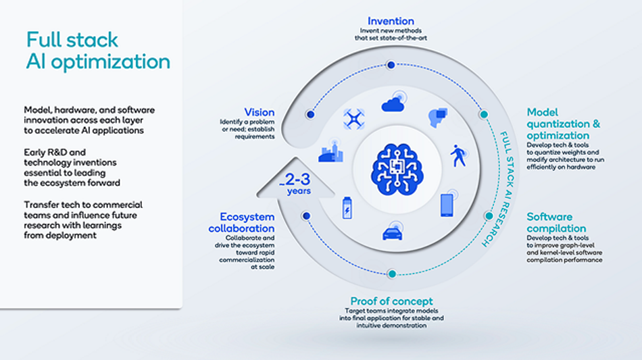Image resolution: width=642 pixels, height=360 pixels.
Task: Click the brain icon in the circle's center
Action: pos(397,169)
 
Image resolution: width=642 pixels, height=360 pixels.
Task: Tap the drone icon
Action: pos(353,119)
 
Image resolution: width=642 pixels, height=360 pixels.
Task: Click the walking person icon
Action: pos(459,155)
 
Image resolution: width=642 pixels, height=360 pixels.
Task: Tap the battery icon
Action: pos(347,208)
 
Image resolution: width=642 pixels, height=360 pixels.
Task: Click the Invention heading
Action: pos(391,21)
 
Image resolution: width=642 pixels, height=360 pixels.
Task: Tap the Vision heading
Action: pos(260,112)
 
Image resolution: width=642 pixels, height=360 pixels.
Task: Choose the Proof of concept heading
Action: pos(391,301)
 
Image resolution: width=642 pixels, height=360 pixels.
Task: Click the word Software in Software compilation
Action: pos(549,216)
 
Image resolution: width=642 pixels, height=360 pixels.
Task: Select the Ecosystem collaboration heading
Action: pos(241,222)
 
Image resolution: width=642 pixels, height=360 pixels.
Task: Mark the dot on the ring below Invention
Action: pos(391,65)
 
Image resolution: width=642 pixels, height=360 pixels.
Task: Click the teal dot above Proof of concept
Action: pos(392,274)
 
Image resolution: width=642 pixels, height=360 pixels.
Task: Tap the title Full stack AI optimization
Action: pos(98,51)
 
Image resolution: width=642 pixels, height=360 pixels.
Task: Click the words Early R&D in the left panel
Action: pos(55,152)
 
